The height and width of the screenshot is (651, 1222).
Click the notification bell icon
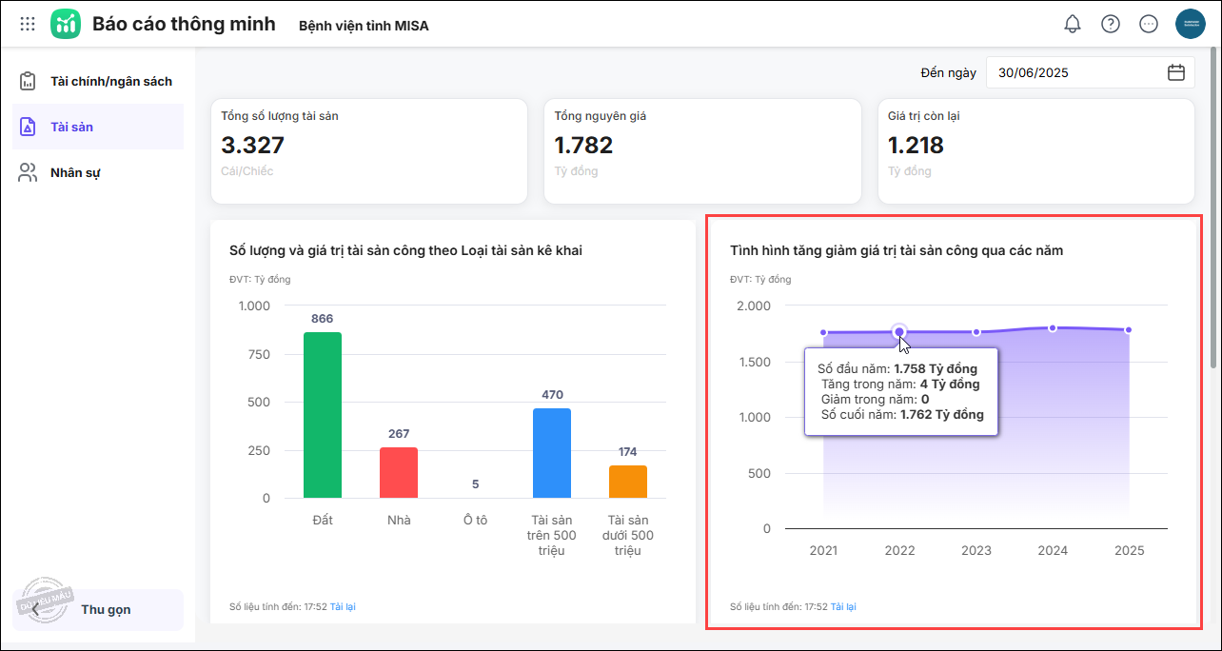point(1073,24)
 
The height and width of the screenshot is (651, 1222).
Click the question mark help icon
point(1111,24)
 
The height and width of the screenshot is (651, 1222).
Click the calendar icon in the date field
point(1176,72)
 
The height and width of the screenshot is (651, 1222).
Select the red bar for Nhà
point(399,472)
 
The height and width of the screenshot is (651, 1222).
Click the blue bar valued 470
point(552,453)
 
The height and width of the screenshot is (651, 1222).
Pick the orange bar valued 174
point(628,482)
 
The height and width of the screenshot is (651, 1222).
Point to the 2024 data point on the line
point(1053,328)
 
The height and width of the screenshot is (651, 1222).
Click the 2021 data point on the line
point(823,332)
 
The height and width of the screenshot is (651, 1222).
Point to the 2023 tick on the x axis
point(976,550)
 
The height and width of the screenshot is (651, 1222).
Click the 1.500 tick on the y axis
point(756,362)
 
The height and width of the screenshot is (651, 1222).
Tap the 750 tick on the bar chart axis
point(253,354)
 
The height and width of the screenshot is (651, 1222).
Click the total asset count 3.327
point(253,145)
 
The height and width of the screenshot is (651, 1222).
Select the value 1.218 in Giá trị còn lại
point(916,145)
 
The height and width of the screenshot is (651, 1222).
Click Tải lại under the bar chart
point(343,606)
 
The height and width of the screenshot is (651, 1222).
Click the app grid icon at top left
point(28,24)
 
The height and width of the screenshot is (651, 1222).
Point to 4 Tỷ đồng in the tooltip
point(950,384)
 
